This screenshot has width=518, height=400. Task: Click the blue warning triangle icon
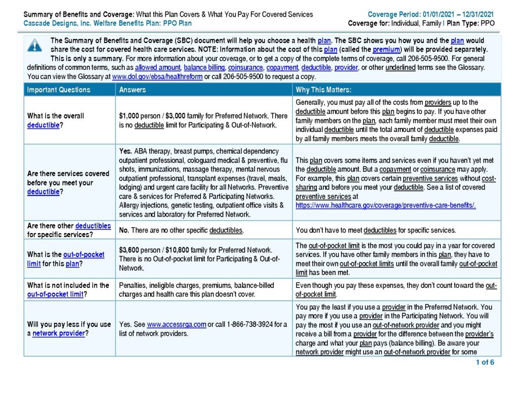point(34,46)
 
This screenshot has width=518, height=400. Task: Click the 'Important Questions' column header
point(59,90)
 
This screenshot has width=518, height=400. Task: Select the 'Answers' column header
point(133,90)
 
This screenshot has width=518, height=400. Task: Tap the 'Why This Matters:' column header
point(324,90)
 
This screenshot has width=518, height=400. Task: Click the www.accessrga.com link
point(176,325)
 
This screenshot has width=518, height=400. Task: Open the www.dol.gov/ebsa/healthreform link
point(157,77)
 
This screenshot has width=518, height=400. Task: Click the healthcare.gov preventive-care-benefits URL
point(385,205)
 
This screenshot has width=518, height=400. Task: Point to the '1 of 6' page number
point(485,362)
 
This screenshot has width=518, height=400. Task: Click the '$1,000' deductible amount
point(129,116)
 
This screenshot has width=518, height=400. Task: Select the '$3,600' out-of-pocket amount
point(129,250)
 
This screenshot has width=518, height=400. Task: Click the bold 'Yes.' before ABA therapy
point(125,151)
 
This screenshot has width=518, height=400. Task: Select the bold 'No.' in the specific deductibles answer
point(124,231)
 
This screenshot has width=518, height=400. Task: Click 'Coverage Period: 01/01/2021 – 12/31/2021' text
point(430,14)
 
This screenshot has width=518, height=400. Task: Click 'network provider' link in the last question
point(59,333)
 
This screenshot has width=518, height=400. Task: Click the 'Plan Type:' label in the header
point(464,23)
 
